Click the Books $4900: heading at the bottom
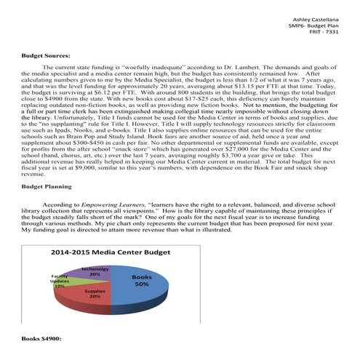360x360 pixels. (41, 340)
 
